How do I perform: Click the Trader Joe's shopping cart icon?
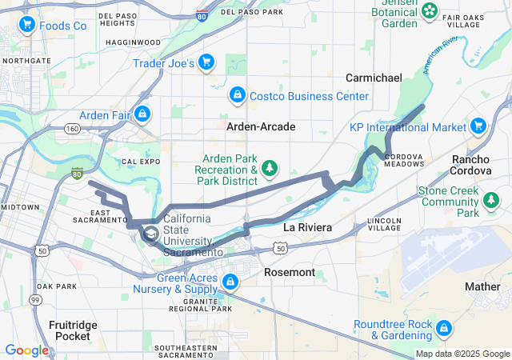pyautogui.click(x=206, y=62)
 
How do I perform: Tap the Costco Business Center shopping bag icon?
pyautogui.click(x=237, y=96)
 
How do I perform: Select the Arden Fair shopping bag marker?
pyautogui.click(x=143, y=114)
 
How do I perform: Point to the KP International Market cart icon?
pyautogui.click(x=478, y=126)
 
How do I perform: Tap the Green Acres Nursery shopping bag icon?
pyautogui.click(x=230, y=282)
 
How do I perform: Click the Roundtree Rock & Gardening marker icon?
pyautogui.click(x=444, y=328)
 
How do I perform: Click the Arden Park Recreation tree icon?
pyautogui.click(x=270, y=168)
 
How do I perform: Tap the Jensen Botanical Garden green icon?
pyautogui.click(x=430, y=10)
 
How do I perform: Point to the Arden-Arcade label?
pyautogui.click(x=261, y=127)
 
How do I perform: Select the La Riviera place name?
pyautogui.click(x=307, y=228)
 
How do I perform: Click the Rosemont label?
pyautogui.click(x=290, y=273)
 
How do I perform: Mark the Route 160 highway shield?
pyautogui.click(x=73, y=129)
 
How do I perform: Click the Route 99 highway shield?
pyautogui.click(x=35, y=298)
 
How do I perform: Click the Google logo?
pyautogui.click(x=26, y=350)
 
